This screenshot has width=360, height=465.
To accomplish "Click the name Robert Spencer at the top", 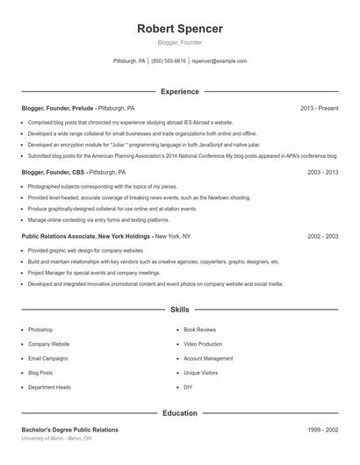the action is click(180, 29).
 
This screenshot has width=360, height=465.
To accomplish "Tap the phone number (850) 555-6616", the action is click(169, 61).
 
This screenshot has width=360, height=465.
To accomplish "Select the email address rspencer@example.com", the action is click(219, 61).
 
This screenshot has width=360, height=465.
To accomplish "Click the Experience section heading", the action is click(180, 91).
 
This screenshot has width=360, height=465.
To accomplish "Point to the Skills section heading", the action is click(180, 310).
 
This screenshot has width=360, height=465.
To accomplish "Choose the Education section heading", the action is click(180, 412).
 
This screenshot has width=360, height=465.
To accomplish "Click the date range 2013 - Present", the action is click(319, 108).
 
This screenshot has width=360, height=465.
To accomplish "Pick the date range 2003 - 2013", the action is click(322, 173).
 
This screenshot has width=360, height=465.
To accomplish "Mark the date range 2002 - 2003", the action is click(322, 237).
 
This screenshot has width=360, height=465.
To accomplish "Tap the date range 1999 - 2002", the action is click(322, 429).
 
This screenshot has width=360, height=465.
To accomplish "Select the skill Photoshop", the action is click(40, 330).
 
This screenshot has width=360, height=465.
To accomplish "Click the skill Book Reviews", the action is click(199, 330).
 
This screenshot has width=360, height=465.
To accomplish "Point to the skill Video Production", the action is click(203, 344).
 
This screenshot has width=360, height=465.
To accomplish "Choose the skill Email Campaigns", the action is click(47, 359).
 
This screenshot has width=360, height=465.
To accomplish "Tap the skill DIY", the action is click(188, 387).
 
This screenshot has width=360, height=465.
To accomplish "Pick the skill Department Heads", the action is click(49, 387).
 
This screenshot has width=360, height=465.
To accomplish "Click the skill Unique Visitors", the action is click(200, 373).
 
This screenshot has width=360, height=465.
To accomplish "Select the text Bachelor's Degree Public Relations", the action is click(69, 429).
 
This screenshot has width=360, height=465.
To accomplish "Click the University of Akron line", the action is click(57, 437).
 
